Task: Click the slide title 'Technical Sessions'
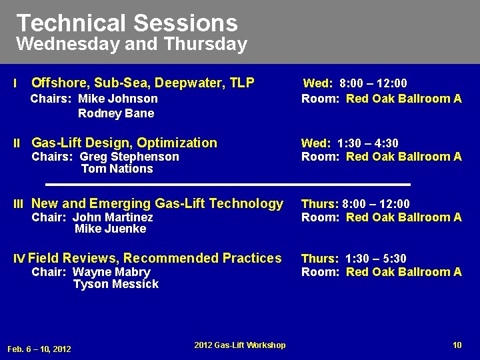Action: tap(127, 23)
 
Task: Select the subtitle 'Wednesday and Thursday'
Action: tap(131, 45)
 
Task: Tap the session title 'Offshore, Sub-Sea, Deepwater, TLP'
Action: tap(143, 83)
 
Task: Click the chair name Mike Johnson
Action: tap(118, 99)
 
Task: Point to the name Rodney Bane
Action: tap(116, 113)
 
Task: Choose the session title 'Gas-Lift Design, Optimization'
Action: tap(124, 143)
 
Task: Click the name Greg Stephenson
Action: tap(129, 157)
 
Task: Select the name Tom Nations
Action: tap(117, 169)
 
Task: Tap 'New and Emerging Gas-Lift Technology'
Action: tap(157, 203)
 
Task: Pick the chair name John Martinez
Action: tap(113, 217)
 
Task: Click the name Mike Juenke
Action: tap(111, 229)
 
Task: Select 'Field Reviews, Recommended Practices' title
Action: tap(155, 258)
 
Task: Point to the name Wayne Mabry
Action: tap(111, 272)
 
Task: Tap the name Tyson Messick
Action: tap(116, 284)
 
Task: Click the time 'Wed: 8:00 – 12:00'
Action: tap(355, 83)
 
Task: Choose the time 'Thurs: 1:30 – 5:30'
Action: tap(353, 259)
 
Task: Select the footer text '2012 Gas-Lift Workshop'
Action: tap(240, 345)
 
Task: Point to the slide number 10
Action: tap(457, 345)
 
